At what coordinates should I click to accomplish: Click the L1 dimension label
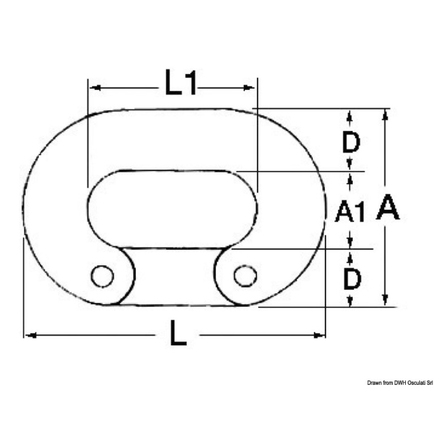[x=181, y=83]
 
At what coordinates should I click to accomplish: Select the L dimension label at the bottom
[x=178, y=333]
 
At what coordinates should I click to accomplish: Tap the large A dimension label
[x=388, y=207]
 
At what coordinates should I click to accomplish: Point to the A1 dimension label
[x=350, y=212]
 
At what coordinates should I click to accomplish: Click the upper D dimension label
[x=351, y=142]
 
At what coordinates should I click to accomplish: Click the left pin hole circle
[x=102, y=276]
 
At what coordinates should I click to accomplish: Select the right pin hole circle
[x=245, y=276]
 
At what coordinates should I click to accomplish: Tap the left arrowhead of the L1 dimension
[x=95, y=88]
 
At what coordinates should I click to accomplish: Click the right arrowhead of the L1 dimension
[x=249, y=88]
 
